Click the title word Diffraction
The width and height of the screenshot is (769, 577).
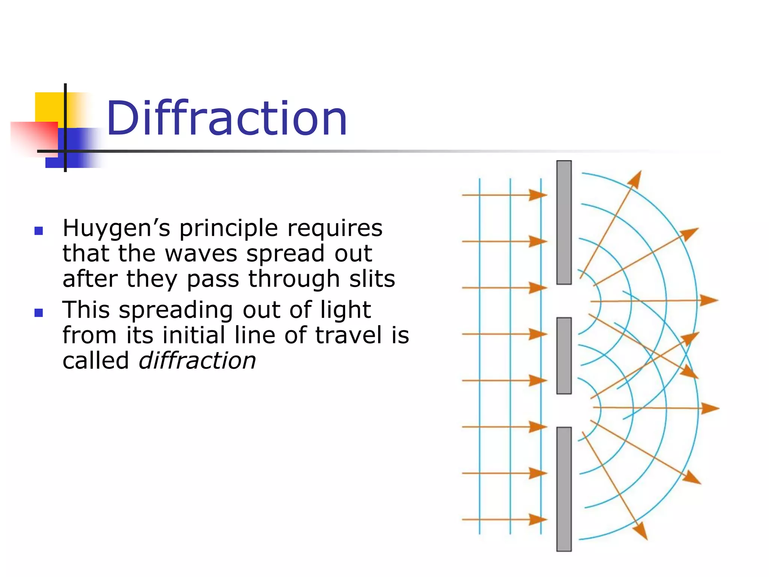point(227,119)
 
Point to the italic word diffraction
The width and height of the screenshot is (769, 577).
point(198,361)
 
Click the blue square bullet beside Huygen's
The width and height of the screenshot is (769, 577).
point(39,231)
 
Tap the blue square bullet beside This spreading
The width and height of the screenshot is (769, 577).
point(39,313)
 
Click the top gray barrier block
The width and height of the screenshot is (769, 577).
point(564,222)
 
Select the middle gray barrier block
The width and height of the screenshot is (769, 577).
point(564,355)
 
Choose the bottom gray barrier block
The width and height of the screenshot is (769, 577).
point(564,489)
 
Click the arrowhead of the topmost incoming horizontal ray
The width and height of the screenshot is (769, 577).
point(538,195)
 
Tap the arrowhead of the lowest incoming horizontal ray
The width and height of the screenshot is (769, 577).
point(538,520)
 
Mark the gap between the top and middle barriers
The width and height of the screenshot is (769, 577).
point(564,301)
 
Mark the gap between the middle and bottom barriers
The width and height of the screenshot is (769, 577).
point(564,410)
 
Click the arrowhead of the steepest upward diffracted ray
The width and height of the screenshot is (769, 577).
point(636,179)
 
